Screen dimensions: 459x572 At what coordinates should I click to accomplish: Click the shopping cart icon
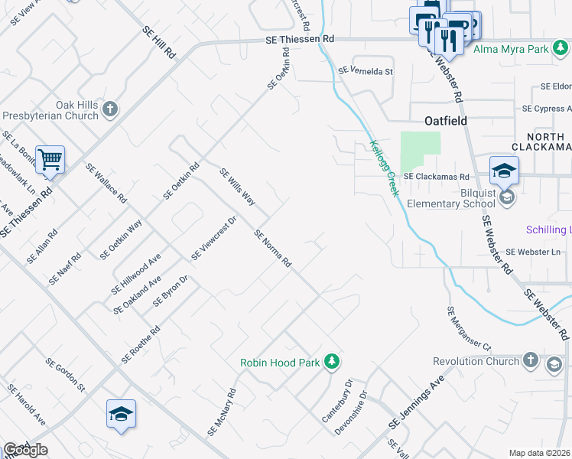coord(50,161)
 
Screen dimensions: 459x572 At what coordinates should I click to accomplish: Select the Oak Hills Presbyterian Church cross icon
coord(109,108)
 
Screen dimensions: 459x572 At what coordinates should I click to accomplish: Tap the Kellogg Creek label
coord(385,168)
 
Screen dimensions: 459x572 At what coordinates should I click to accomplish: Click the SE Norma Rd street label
coord(273,249)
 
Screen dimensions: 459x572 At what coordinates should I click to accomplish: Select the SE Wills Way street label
coord(237,187)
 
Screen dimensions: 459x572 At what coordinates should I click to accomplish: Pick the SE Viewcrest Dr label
coord(216,238)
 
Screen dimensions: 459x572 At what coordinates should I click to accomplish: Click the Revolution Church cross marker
coord(530,360)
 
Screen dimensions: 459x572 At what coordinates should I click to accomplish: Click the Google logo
coord(25,450)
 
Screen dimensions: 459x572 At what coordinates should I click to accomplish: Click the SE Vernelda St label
coord(365,71)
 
